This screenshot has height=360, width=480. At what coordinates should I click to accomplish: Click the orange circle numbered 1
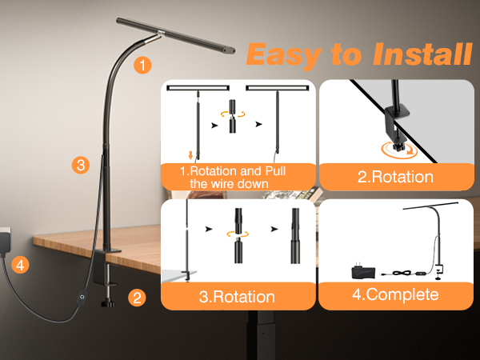click(x=142, y=65)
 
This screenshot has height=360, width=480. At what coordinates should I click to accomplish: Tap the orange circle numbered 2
click(x=137, y=298)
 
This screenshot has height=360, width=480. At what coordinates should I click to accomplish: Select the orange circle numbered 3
click(x=81, y=166)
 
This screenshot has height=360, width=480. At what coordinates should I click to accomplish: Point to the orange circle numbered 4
click(x=20, y=265)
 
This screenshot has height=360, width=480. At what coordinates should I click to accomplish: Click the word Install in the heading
click(x=422, y=54)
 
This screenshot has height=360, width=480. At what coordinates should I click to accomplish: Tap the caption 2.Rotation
click(x=395, y=177)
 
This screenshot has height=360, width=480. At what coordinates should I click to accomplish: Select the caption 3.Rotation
click(x=237, y=297)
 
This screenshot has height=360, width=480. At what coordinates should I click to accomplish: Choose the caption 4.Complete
click(x=395, y=294)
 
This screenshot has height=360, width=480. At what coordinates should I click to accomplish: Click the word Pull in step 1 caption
click(x=275, y=171)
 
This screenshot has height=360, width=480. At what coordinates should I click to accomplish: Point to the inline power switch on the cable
click(x=82, y=296)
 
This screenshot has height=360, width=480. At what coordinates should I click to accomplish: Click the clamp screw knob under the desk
click(x=107, y=303)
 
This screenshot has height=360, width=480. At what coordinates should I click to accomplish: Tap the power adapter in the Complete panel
click(x=364, y=271)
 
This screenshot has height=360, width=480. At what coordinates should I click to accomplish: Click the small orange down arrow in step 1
click(x=190, y=155)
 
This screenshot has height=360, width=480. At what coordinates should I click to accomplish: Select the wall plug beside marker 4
click(x=6, y=240)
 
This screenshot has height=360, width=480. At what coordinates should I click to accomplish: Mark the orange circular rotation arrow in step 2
click(x=400, y=150)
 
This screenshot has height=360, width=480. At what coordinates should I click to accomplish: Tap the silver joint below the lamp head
click(x=153, y=38)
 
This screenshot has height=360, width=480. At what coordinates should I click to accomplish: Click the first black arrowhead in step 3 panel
click(x=209, y=229)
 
